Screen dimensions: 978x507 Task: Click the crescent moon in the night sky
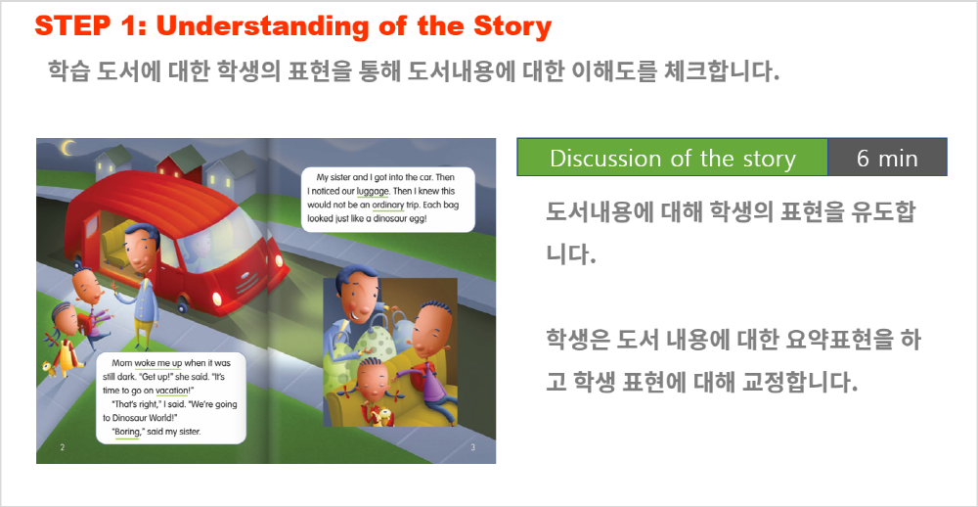67,148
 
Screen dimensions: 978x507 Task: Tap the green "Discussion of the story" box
673,158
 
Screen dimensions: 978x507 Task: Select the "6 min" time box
887,158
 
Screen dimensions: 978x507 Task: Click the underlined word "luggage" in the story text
374,192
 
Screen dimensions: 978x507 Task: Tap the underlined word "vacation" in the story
171,391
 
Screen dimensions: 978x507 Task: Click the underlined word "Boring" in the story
126,432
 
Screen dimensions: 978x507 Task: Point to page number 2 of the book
61,447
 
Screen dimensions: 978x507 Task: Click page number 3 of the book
472,447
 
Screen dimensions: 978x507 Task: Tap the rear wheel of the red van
182,304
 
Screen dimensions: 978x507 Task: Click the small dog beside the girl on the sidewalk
50,368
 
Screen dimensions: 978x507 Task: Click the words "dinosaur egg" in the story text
399,219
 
